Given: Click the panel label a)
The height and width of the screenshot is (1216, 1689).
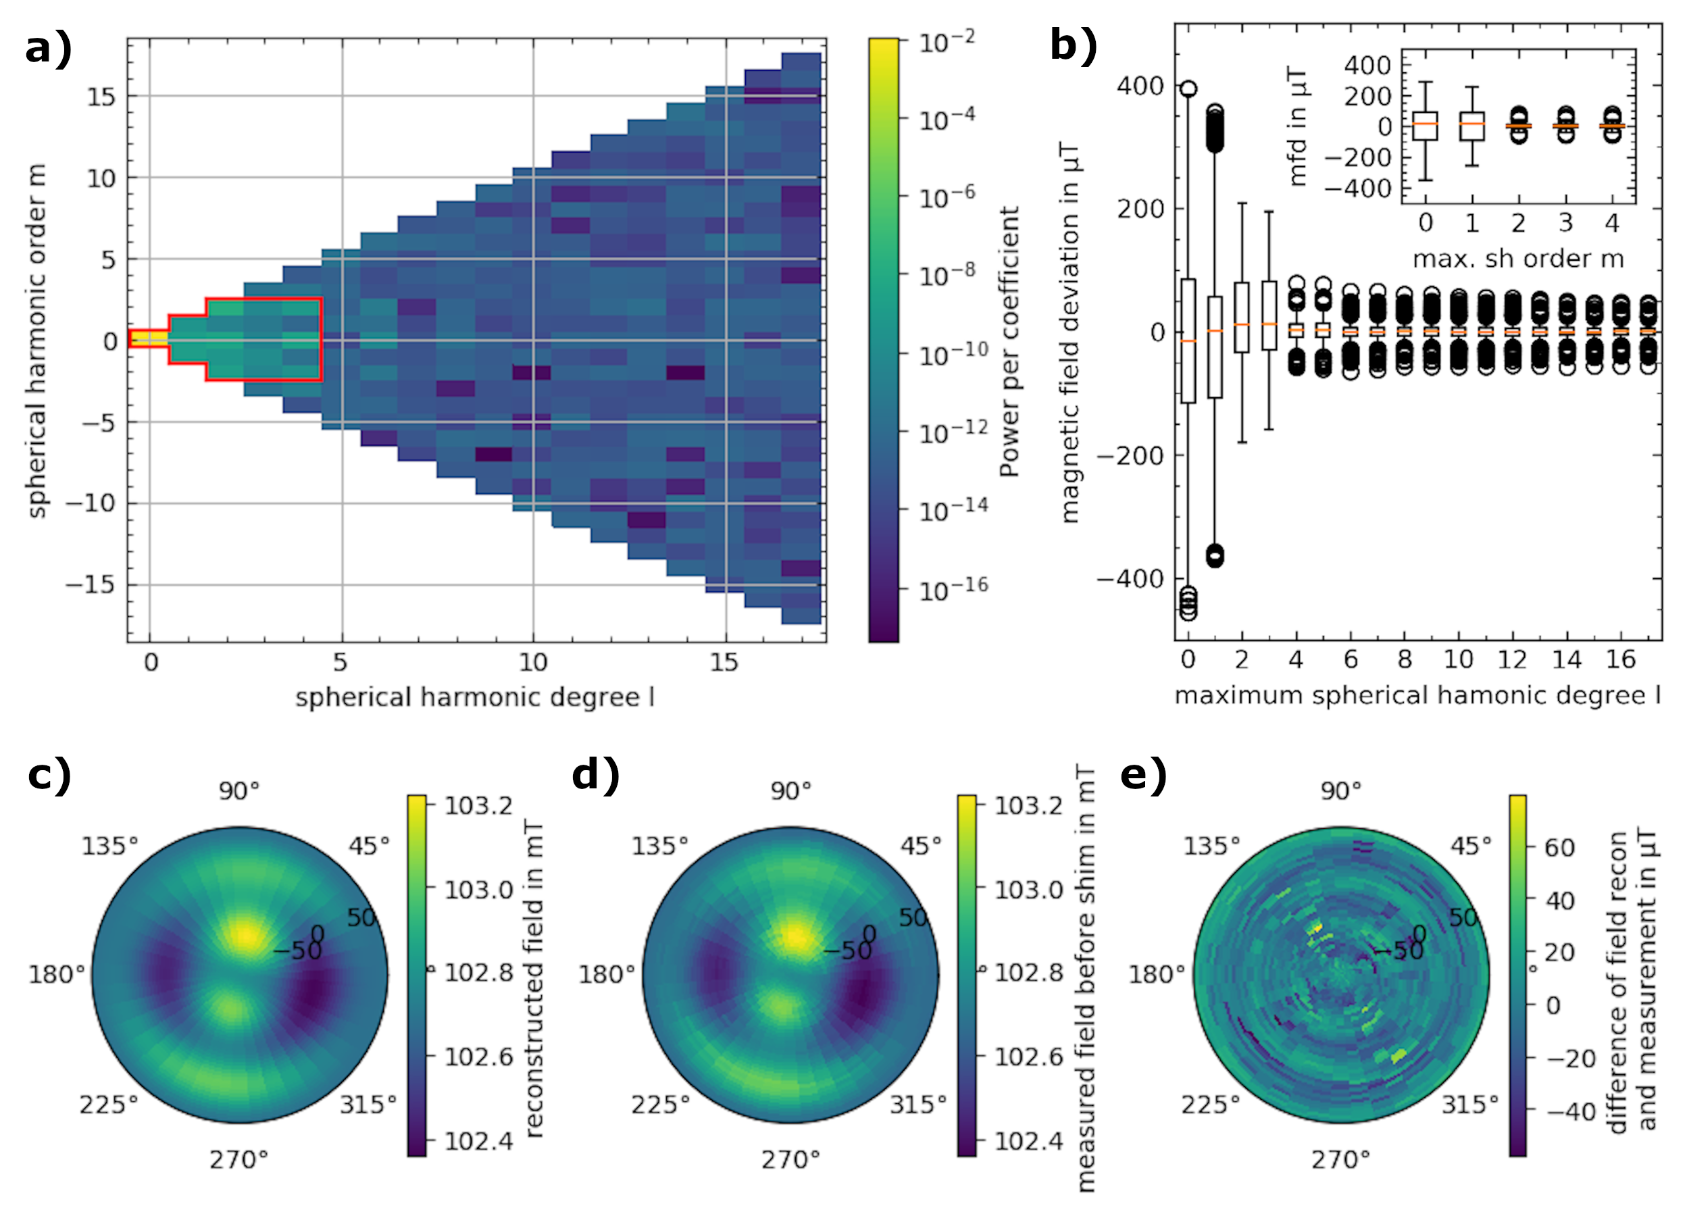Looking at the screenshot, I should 49,49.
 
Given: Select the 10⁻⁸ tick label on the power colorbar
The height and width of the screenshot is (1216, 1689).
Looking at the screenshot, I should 947,275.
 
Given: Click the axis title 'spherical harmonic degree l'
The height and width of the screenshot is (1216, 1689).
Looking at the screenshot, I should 474,698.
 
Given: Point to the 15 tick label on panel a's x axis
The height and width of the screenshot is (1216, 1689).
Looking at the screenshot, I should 723,662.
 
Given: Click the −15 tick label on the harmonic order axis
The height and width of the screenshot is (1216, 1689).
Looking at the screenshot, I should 91,584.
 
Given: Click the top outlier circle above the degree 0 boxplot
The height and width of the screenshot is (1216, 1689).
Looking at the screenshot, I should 1188,89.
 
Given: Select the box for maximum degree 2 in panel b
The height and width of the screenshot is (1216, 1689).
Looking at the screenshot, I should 1242,318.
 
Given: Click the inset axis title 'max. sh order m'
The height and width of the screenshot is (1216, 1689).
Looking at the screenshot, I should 1517,259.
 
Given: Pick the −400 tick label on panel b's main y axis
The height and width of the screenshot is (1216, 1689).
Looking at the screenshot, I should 1130,578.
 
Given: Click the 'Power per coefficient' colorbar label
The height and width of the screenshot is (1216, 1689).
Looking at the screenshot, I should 1009,342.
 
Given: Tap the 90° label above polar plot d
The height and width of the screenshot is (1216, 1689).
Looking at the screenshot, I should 790,791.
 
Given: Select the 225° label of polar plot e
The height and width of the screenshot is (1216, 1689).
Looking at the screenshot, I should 1210,1105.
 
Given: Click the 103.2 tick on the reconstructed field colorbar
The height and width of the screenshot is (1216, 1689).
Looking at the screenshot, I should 478,806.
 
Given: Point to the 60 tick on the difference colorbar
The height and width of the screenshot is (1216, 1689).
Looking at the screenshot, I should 1559,847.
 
